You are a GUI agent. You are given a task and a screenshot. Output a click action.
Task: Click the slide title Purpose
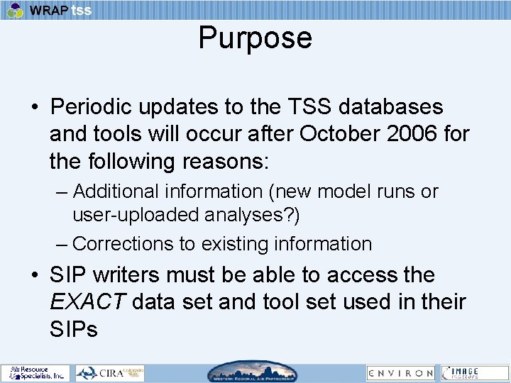[255, 38]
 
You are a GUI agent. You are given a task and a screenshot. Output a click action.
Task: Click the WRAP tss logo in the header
[50, 10]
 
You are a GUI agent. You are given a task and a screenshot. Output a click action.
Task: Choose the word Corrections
[123, 244]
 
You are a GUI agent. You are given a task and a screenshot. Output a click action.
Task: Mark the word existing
[233, 244]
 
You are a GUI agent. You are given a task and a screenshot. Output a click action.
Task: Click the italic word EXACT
[87, 301]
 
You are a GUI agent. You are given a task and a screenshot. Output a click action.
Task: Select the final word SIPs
[73, 328]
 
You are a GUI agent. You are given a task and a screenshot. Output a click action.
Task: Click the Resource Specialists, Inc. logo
[35, 373]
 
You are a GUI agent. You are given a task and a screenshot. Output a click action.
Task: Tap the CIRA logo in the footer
[110, 373]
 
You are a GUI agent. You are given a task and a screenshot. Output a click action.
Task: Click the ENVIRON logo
[400, 373]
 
